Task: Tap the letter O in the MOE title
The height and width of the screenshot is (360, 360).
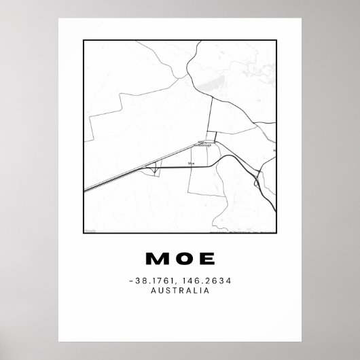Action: [x=181, y=259]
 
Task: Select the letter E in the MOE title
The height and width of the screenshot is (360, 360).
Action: [x=205, y=259]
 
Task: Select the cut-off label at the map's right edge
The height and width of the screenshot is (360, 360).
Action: [x=274, y=150]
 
